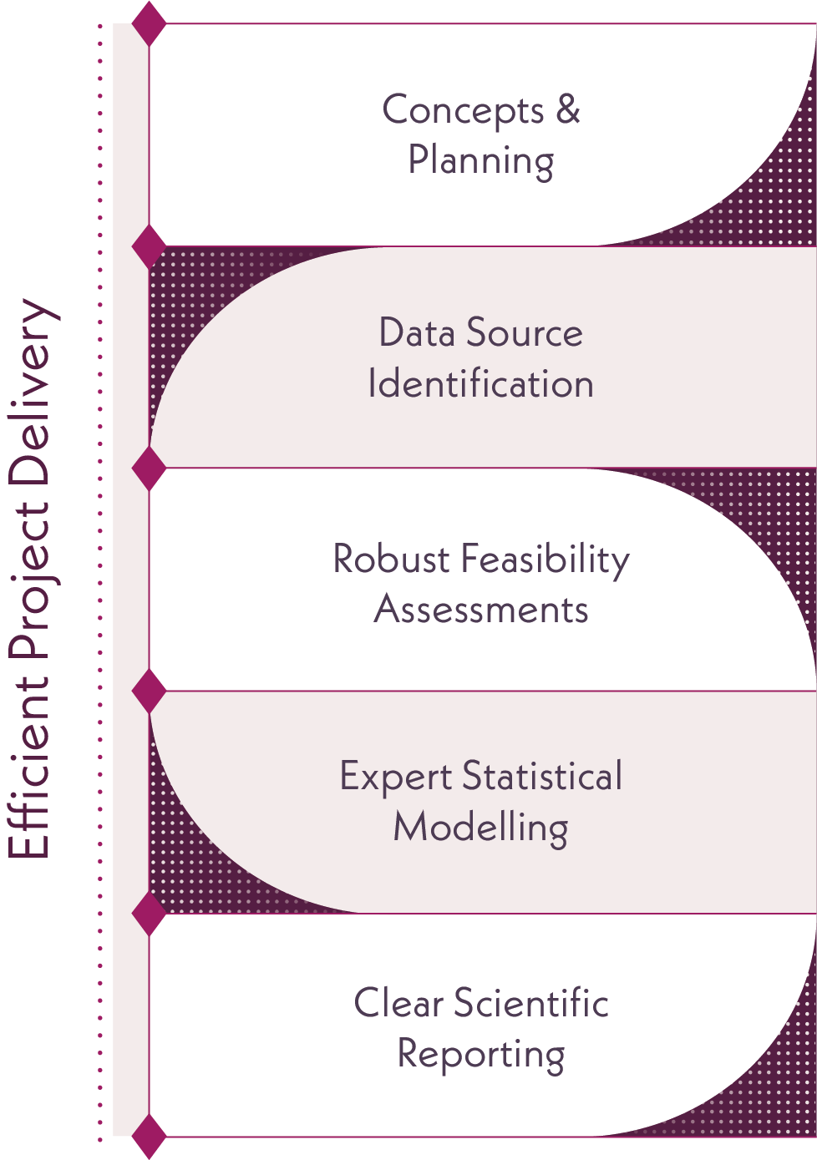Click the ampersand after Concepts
coord(567,109)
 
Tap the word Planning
coord(480,160)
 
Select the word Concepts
coord(463,111)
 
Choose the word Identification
coord(480,384)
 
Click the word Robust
coord(391,559)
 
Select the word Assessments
coord(480,610)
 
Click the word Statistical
coord(542,776)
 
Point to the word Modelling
coord(480,828)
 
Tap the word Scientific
coord(531,1003)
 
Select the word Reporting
coord(480,1054)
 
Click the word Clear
coord(398,1003)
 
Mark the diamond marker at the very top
coord(150,23)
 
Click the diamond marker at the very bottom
coord(150,1136)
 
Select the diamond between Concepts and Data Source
coord(150,246)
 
